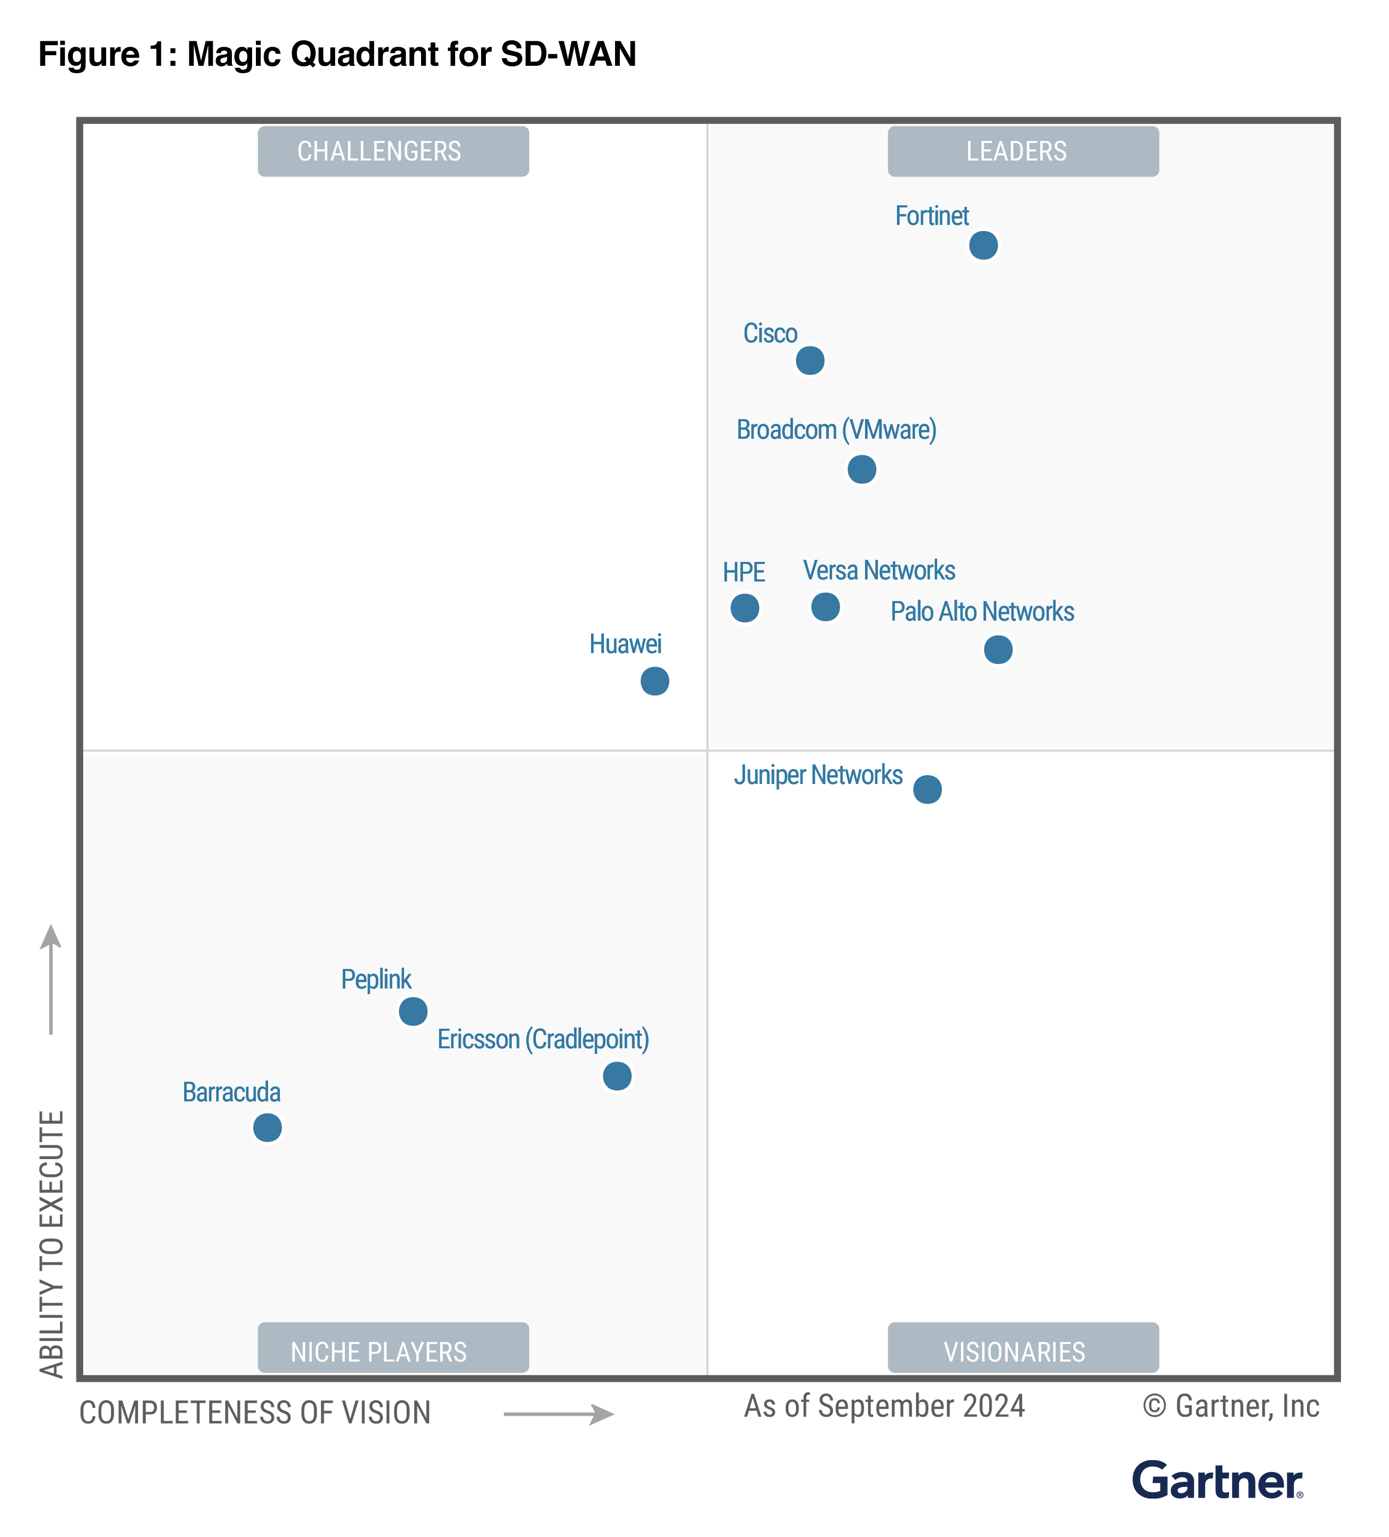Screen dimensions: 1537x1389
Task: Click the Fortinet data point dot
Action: (983, 245)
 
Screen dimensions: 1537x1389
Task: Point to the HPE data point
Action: (744, 608)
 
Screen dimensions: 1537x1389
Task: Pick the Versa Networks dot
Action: (825, 607)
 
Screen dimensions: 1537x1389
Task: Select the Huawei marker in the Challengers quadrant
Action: (654, 681)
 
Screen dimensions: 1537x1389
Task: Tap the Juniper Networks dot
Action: (927, 789)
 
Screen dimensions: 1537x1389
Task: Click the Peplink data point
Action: (413, 1011)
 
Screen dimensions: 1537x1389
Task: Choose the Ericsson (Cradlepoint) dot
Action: (616, 1076)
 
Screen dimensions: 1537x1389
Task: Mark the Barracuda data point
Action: (267, 1127)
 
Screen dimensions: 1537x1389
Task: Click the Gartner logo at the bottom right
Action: (1216, 1481)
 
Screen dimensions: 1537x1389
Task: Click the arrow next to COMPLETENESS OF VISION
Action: (558, 1414)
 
